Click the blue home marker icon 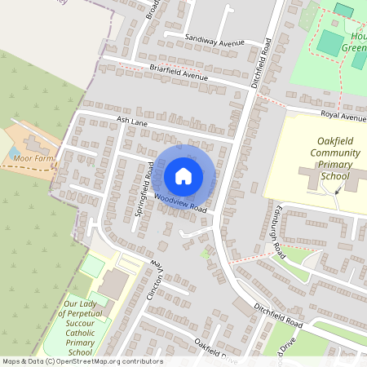click(183, 175)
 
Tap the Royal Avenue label click(343, 117)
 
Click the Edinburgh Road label click(278, 237)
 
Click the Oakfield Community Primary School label click(322, 158)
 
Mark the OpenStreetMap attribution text click(82, 360)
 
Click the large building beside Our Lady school click(114, 283)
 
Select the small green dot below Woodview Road click(205, 254)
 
